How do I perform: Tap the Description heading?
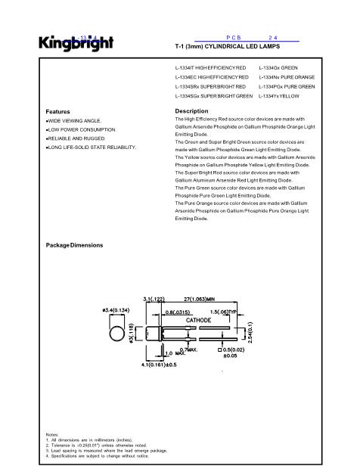191,111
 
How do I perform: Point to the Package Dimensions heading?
75,245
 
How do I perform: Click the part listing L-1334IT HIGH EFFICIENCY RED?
210,68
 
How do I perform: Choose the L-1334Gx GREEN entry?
278,68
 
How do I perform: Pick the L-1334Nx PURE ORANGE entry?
285,77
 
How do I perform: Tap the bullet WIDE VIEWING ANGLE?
73,120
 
